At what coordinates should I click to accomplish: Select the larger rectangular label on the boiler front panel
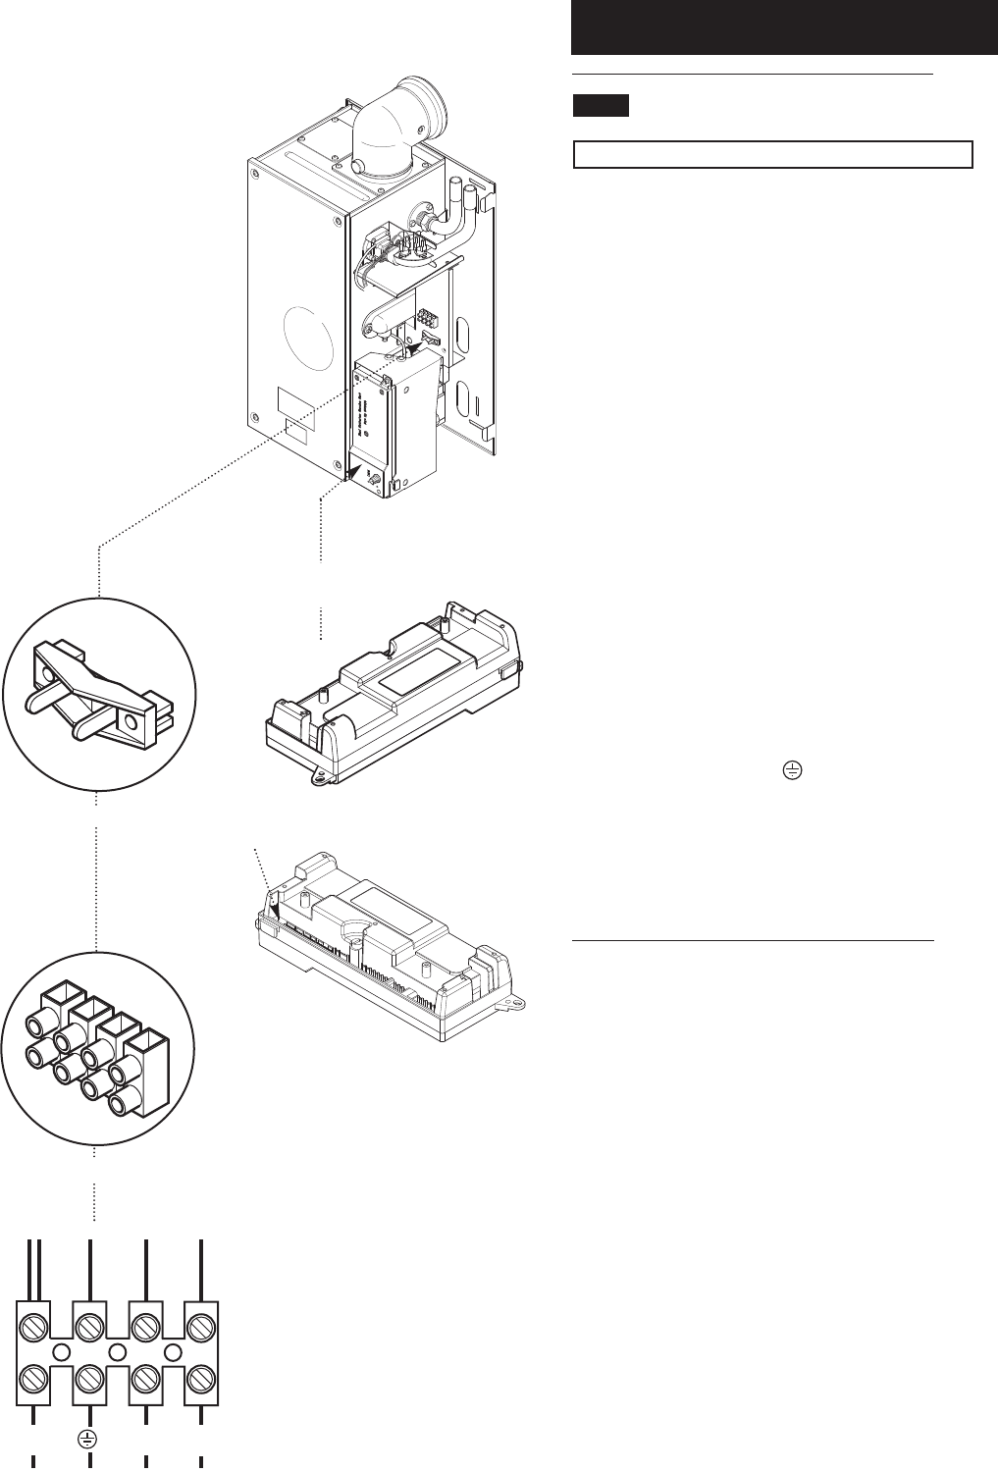point(297,403)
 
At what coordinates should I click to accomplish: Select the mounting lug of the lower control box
point(510,1004)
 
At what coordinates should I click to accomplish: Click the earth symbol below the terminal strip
point(87,1439)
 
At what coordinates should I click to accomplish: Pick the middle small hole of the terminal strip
point(118,1353)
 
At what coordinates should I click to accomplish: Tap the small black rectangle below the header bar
point(600,106)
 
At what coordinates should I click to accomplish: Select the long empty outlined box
point(772,155)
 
